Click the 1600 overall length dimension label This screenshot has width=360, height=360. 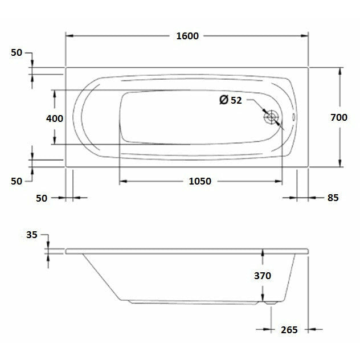click(x=187, y=36)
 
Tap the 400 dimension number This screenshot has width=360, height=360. click(x=55, y=118)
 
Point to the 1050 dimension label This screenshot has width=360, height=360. click(x=199, y=182)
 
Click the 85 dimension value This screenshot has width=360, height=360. click(x=333, y=198)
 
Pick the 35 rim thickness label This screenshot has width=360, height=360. click(x=31, y=234)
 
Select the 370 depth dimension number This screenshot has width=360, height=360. click(x=262, y=276)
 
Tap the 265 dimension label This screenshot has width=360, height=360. click(x=289, y=329)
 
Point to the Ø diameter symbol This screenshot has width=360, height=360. click(x=224, y=100)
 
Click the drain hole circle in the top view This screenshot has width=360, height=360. click(x=271, y=117)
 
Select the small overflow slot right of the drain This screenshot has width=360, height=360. click(x=293, y=118)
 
